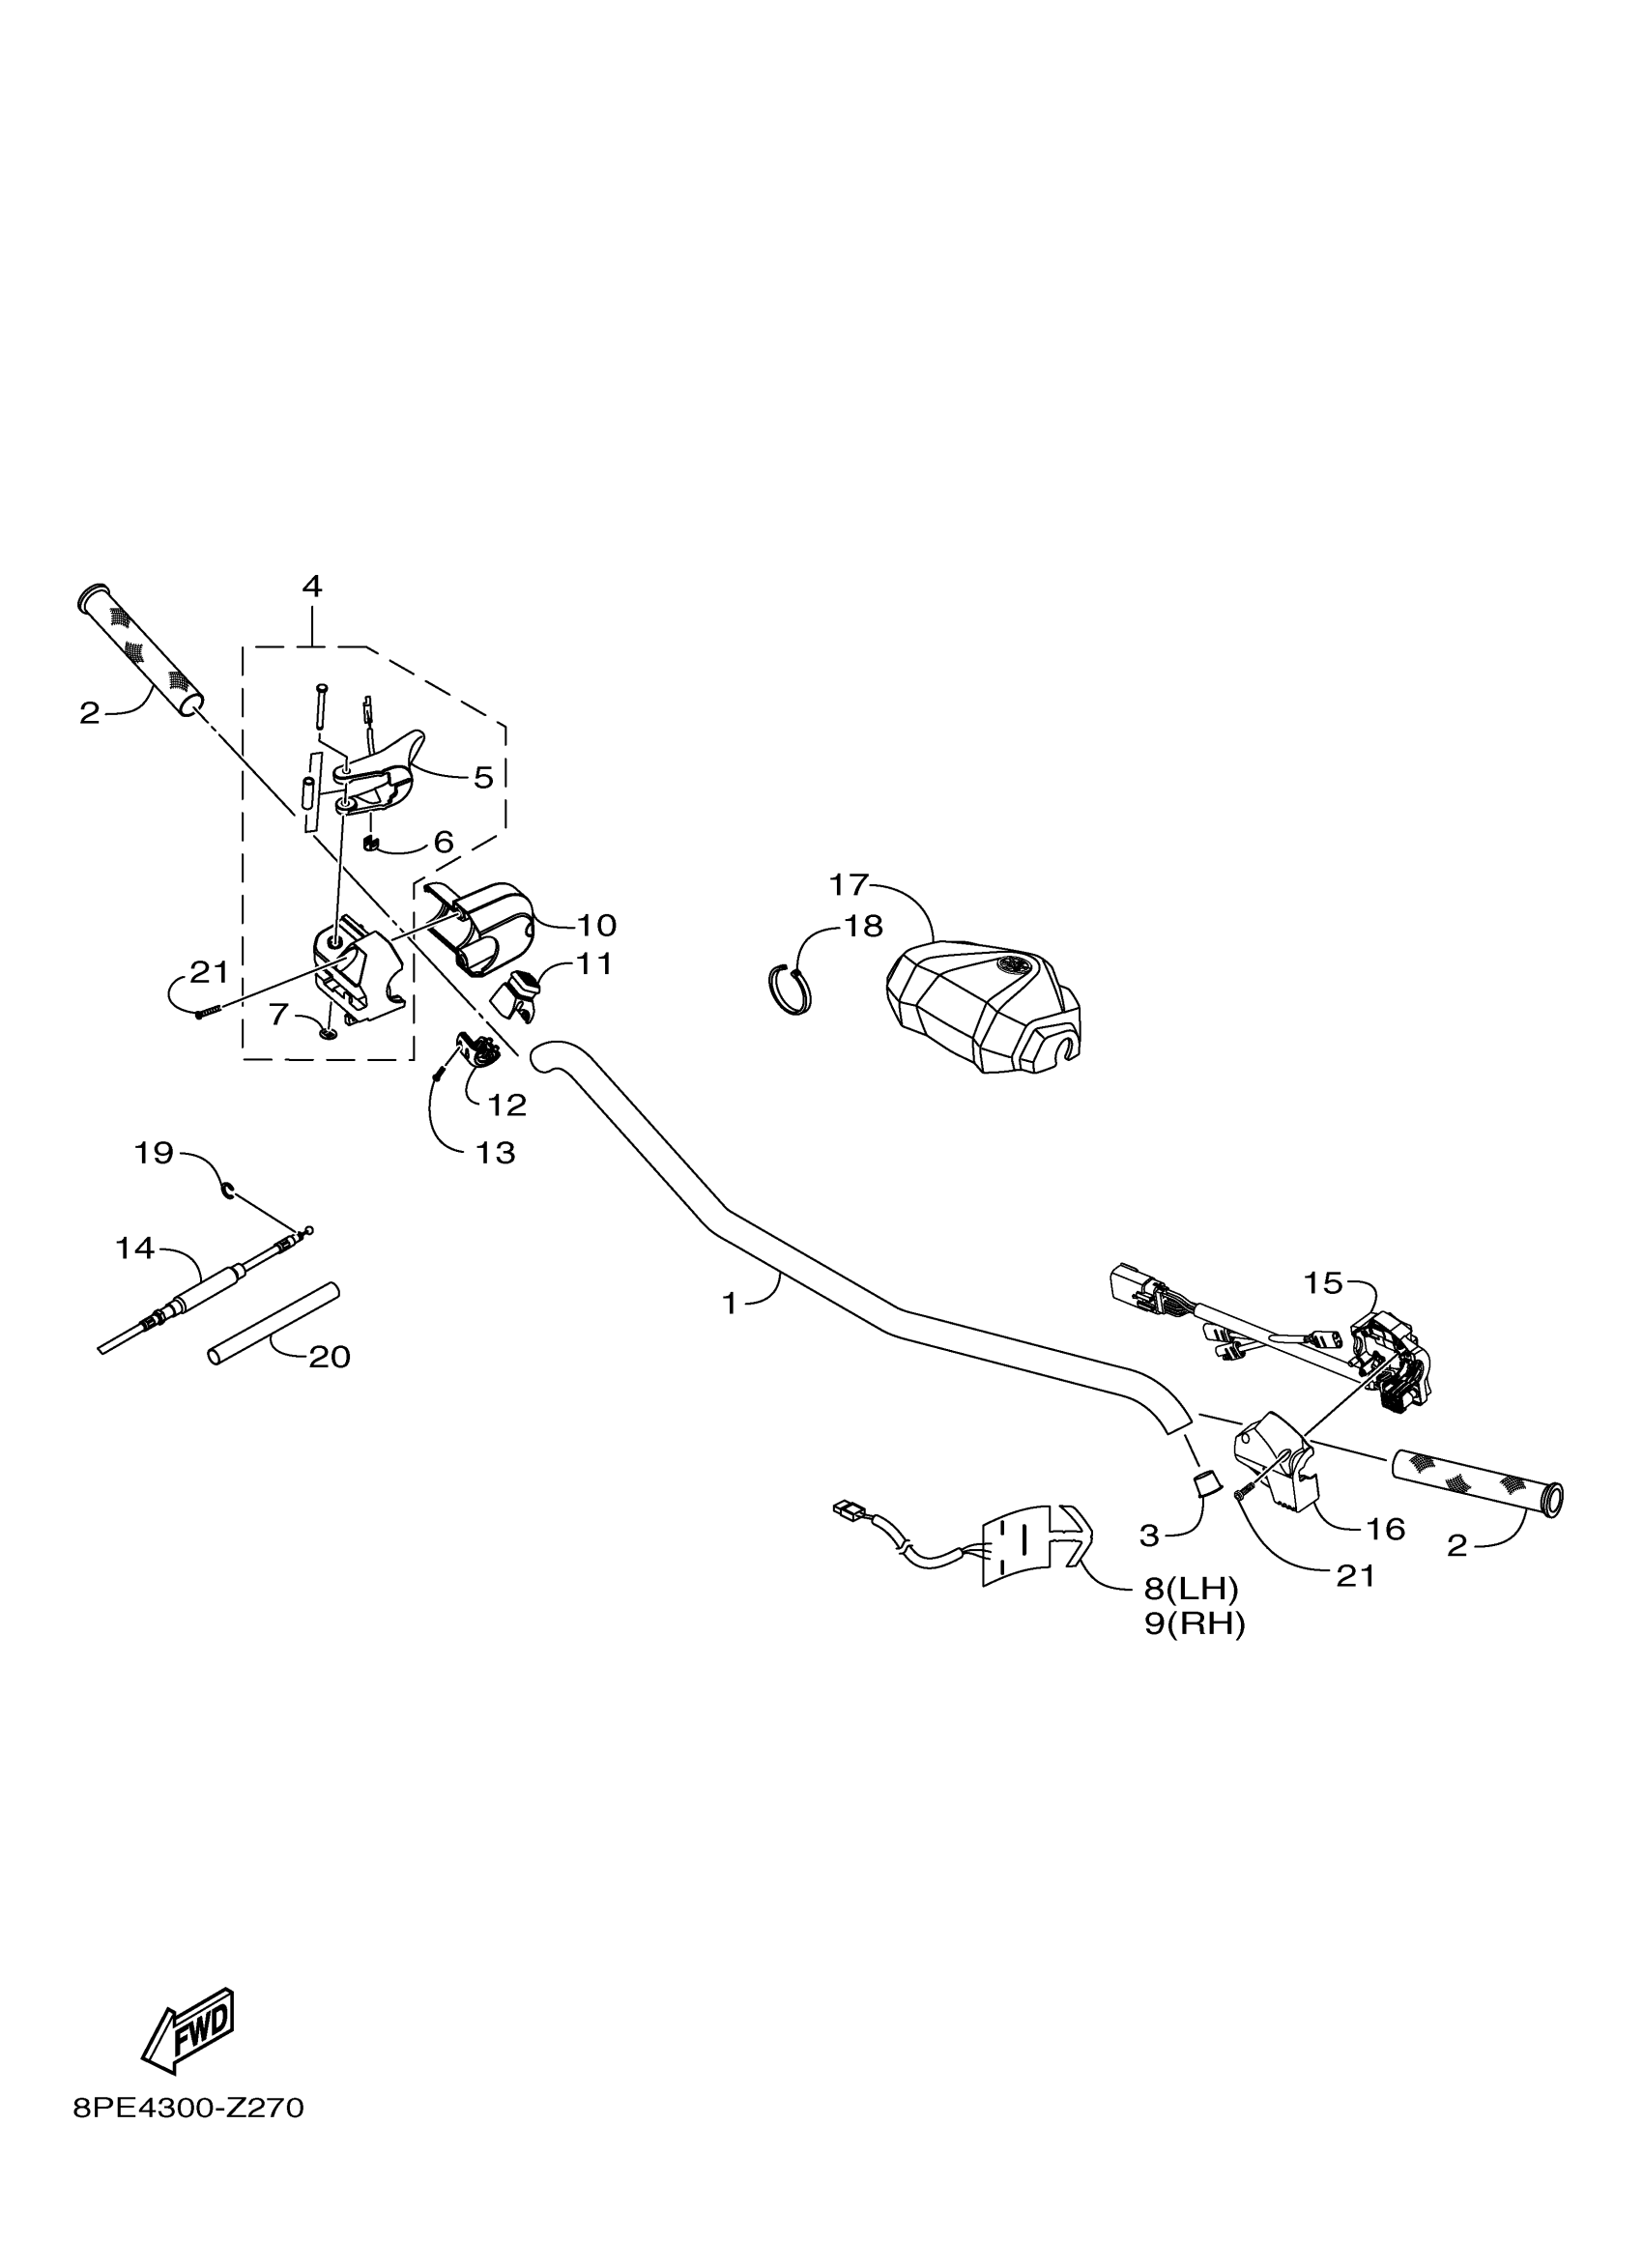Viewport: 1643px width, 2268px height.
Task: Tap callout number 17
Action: [849, 885]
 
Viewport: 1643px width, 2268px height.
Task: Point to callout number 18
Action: [863, 927]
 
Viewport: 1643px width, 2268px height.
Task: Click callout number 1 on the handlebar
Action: [730, 1303]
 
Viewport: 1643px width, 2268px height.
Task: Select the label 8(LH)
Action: [1191, 1588]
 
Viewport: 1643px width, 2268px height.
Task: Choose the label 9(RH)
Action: [1195, 1625]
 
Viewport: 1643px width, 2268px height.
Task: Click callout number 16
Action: [1385, 1529]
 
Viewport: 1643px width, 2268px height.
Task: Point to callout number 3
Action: [1149, 1536]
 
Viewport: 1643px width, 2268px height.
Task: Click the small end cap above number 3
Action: [1208, 1482]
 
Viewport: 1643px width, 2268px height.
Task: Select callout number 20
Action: [329, 1357]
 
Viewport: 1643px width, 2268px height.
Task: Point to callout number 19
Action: [154, 1153]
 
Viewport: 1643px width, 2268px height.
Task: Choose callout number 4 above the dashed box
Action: [312, 586]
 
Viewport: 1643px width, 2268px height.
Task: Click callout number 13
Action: [496, 1153]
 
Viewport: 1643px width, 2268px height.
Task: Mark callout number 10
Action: [596, 925]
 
